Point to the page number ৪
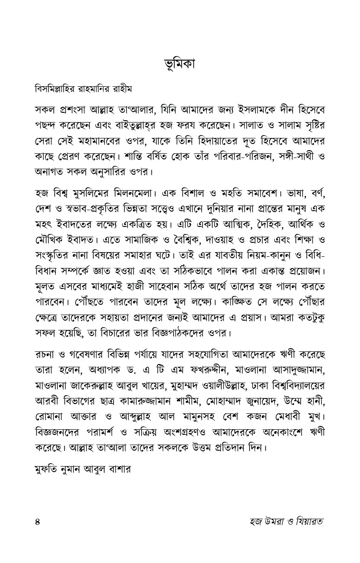38,521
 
